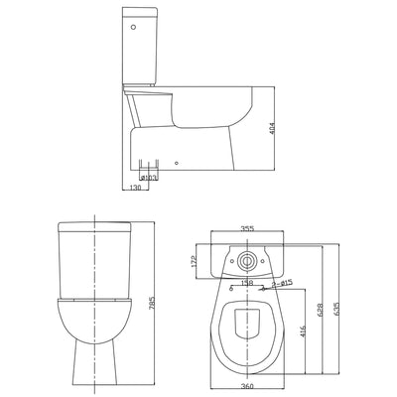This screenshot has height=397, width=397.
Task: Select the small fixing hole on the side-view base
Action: [176, 161]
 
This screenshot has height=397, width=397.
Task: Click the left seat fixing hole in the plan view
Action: [229, 291]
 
